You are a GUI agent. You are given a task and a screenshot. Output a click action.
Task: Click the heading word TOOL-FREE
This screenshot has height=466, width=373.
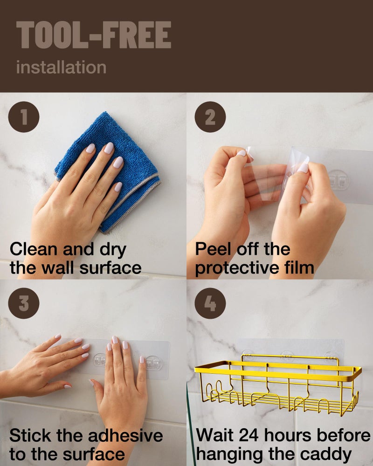pyautogui.click(x=93, y=35)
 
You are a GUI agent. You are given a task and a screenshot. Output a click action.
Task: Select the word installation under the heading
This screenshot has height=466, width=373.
pyautogui.click(x=61, y=67)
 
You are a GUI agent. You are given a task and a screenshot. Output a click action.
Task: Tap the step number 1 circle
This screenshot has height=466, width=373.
pyautogui.click(x=24, y=117)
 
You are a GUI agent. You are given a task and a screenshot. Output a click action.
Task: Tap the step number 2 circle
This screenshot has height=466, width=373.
pyautogui.click(x=210, y=117)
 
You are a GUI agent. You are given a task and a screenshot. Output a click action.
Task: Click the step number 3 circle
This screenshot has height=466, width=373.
pyautogui.click(x=24, y=303)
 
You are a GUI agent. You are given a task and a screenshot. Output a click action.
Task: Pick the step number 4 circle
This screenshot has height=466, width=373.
pyautogui.click(x=210, y=303)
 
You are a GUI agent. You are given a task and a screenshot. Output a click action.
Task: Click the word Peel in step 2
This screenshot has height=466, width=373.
pyautogui.click(x=210, y=249)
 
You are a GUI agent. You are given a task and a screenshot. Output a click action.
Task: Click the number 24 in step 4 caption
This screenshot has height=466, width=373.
pyautogui.click(x=248, y=436)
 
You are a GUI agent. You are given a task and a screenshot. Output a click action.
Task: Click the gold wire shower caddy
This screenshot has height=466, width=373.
pyautogui.click(x=277, y=382)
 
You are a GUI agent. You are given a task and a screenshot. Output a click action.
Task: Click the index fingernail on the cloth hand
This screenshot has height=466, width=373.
pyautogui.click(x=90, y=149)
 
